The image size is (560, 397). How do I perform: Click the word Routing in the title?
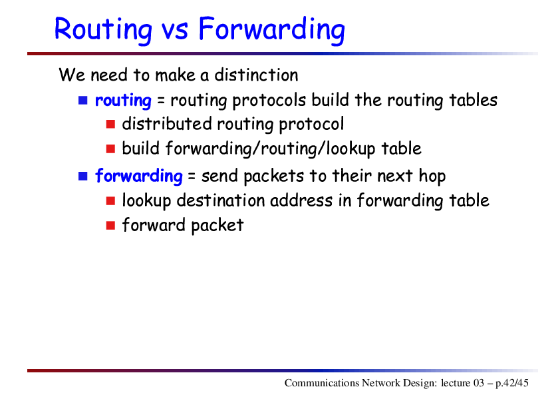104,30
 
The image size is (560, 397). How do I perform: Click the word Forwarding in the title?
272,30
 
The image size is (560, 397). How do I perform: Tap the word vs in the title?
175,32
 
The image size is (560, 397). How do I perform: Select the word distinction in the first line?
256,75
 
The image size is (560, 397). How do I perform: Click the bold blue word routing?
123,101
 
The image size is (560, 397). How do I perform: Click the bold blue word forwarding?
139,176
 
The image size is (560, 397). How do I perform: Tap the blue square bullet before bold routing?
83,100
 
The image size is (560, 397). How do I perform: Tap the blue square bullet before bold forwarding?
83,176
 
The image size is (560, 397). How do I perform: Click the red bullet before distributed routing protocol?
110,124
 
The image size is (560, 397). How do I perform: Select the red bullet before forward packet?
110,225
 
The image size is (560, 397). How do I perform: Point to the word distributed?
167,124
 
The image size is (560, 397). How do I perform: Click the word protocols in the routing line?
269,101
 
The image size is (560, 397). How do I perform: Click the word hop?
432,177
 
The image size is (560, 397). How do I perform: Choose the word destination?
221,200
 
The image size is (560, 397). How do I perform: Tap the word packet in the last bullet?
217,226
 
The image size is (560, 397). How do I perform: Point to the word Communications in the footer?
322,383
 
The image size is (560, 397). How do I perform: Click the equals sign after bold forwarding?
192,177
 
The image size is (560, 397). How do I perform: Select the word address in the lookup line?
301,200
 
